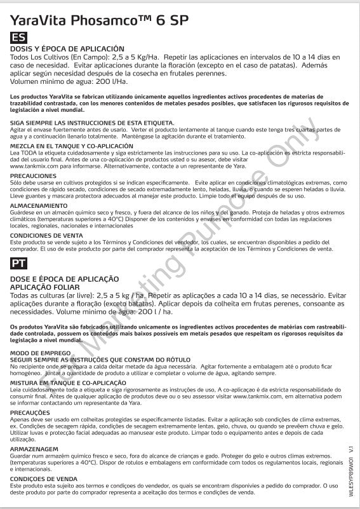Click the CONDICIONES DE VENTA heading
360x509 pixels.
coord(44,235)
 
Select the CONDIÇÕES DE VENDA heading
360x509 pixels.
coord(41,478)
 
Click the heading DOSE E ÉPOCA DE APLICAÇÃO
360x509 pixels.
coord(65,278)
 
